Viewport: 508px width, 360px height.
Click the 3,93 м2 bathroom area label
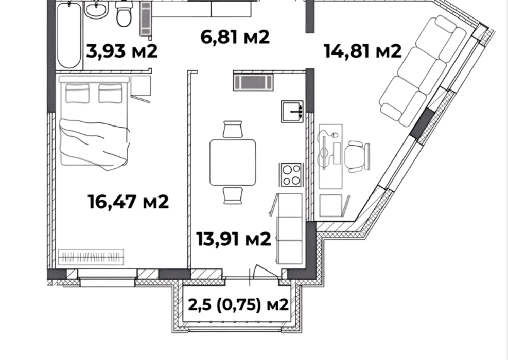(122, 51)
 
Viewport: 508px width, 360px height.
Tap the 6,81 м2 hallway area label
(235, 37)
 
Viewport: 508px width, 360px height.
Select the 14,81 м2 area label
(362, 51)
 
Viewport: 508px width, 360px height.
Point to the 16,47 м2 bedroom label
(128, 202)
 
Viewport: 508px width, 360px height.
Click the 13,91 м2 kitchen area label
(234, 239)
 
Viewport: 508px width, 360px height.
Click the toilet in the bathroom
(124, 13)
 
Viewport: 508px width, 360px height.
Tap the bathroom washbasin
(96, 9)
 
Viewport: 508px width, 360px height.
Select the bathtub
(69, 34)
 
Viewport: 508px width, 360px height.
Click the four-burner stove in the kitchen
(291, 175)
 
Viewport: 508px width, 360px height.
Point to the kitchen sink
(292, 112)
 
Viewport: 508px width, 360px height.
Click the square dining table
(233, 162)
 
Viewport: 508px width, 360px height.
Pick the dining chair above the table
(233, 129)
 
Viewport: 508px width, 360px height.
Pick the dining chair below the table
(233, 195)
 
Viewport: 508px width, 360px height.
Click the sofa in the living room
(423, 71)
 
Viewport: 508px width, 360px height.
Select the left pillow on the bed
(77, 93)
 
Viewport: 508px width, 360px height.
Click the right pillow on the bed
(111, 93)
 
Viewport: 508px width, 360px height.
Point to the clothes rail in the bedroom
(91, 257)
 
